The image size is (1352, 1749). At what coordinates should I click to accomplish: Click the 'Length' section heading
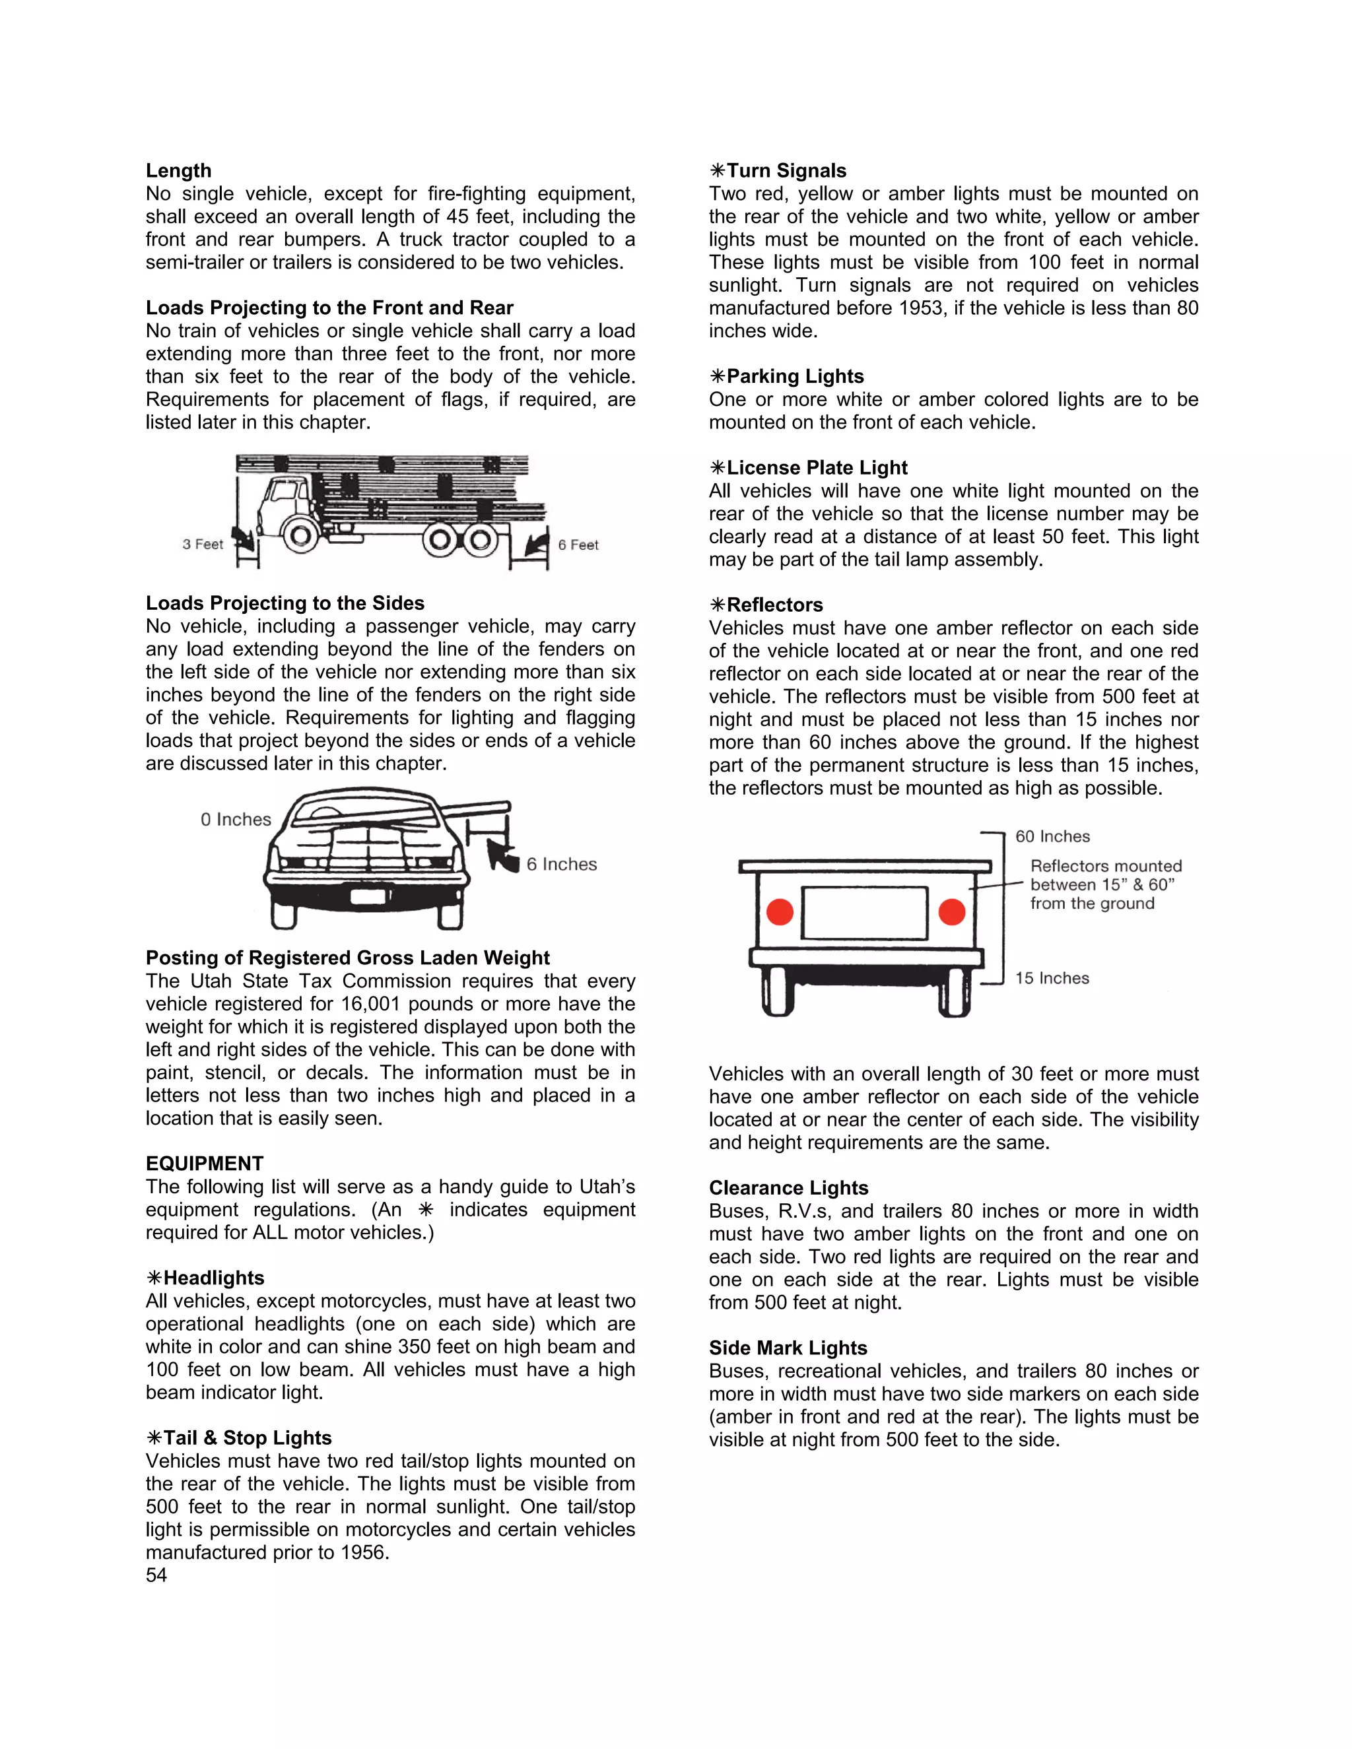pos(179,170)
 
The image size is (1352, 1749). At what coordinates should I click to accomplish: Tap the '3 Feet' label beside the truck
pos(203,544)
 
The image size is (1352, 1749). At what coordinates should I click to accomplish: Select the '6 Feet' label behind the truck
pos(578,545)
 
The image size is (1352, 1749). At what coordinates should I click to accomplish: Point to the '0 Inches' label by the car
pos(236,819)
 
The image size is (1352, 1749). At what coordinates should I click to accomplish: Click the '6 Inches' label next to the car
pos(562,864)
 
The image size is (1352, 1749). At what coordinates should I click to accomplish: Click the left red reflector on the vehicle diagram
pos(780,911)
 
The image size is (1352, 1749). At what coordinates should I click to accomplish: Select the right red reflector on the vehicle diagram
pos(951,911)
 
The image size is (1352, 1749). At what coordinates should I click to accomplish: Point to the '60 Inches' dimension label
pos(1052,837)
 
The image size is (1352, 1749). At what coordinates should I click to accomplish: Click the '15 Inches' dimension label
pos(1052,979)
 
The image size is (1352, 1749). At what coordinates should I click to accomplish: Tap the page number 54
pos(156,1575)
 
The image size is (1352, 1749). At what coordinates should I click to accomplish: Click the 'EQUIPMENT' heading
pos(204,1164)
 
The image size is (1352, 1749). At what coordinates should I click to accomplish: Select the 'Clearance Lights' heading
pos(788,1187)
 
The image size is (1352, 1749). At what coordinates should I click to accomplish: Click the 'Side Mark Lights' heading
pos(788,1348)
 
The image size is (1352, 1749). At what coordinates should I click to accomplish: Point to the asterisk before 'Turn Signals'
pos(717,170)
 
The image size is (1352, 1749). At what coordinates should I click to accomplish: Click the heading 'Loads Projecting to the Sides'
pos(285,603)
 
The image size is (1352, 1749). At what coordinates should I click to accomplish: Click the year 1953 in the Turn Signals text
pos(920,308)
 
